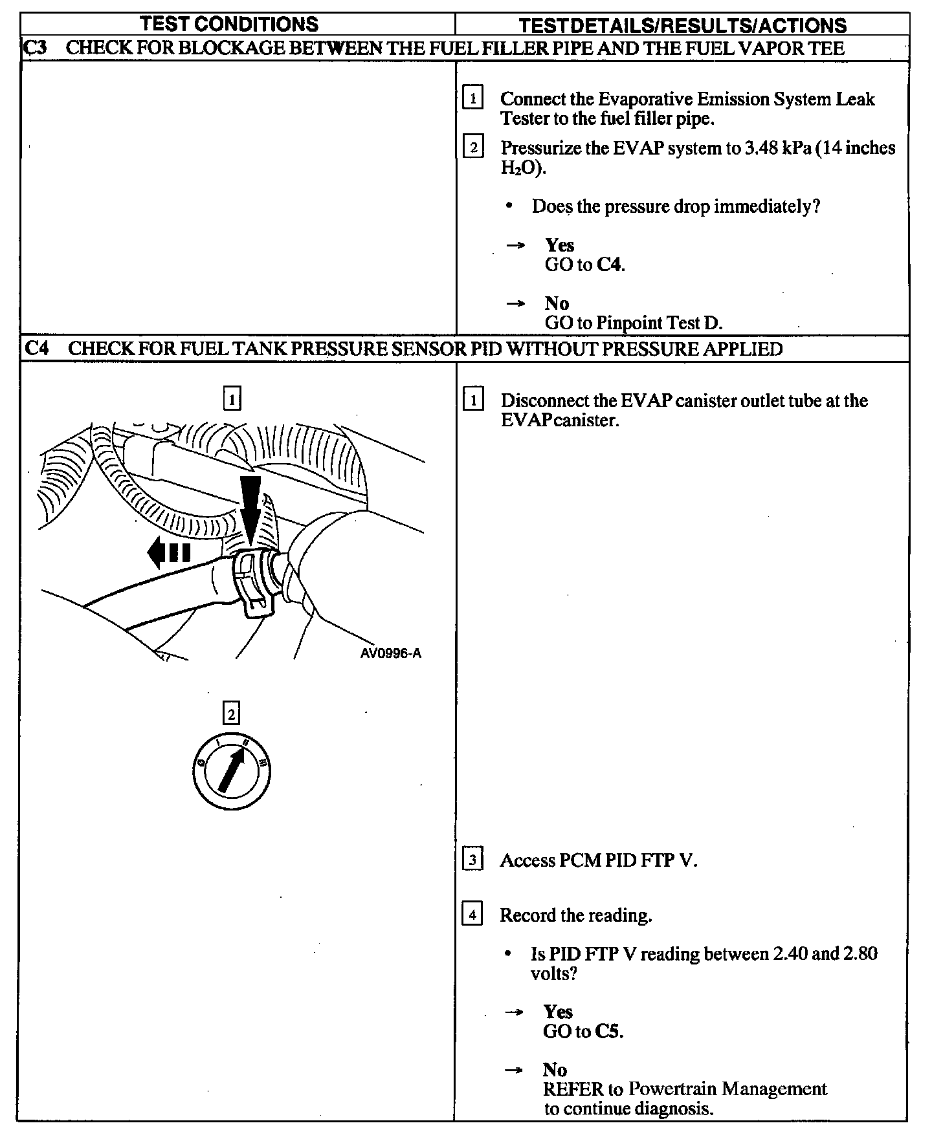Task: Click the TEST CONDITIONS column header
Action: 230,24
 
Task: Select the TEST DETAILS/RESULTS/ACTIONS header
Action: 683,25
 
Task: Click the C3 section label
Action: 34,48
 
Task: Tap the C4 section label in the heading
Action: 36,349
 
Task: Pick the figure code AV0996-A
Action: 391,653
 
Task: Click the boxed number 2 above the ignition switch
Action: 230,713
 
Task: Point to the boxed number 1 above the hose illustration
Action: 232,398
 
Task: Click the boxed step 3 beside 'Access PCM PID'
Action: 472,860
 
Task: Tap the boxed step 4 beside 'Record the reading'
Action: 472,915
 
